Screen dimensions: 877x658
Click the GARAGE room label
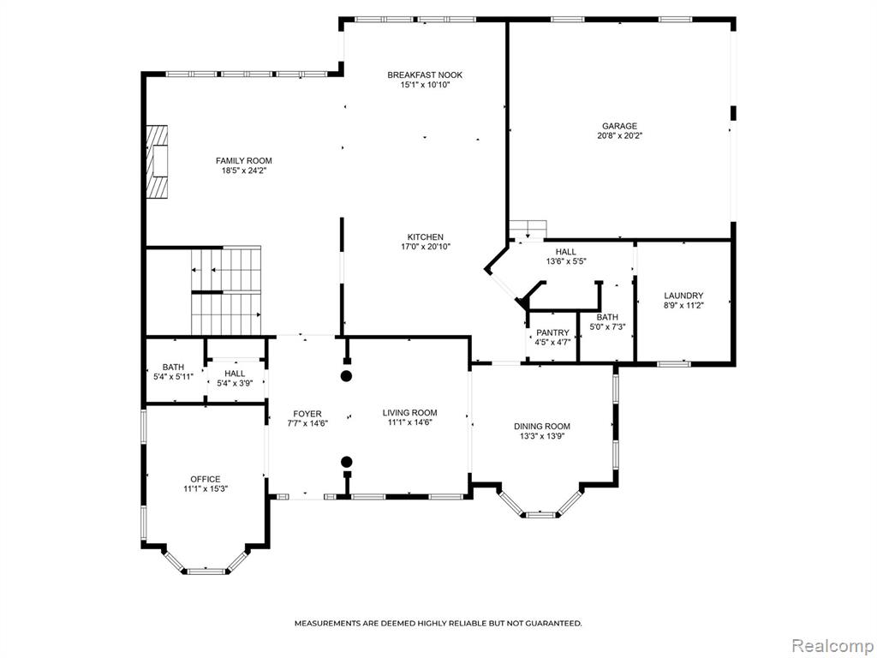pyautogui.click(x=619, y=126)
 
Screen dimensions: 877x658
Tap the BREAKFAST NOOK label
pyautogui.click(x=425, y=75)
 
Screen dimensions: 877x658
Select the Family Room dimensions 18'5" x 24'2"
pyautogui.click(x=244, y=171)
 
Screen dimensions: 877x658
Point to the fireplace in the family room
pyautogui.click(x=158, y=161)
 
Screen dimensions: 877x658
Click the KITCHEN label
pyautogui.click(x=425, y=237)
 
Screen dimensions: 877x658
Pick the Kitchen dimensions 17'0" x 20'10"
pyautogui.click(x=425, y=247)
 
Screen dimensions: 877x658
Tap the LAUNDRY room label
pyautogui.click(x=683, y=296)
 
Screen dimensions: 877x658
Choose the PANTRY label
pyautogui.click(x=552, y=333)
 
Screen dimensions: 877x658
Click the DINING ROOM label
pyautogui.click(x=542, y=427)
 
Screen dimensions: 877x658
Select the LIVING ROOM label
pyautogui.click(x=410, y=413)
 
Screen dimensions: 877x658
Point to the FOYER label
pyautogui.click(x=307, y=414)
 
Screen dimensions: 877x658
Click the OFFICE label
pyautogui.click(x=206, y=479)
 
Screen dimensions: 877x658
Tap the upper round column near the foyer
pyautogui.click(x=347, y=376)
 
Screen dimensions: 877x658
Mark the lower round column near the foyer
pyautogui.click(x=347, y=462)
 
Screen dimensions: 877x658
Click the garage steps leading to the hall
pyautogui.click(x=528, y=230)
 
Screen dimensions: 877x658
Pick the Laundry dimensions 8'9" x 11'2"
pyautogui.click(x=683, y=306)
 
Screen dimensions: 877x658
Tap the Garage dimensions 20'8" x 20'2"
pyautogui.click(x=619, y=135)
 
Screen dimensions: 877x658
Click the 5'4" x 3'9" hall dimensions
pyautogui.click(x=235, y=383)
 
